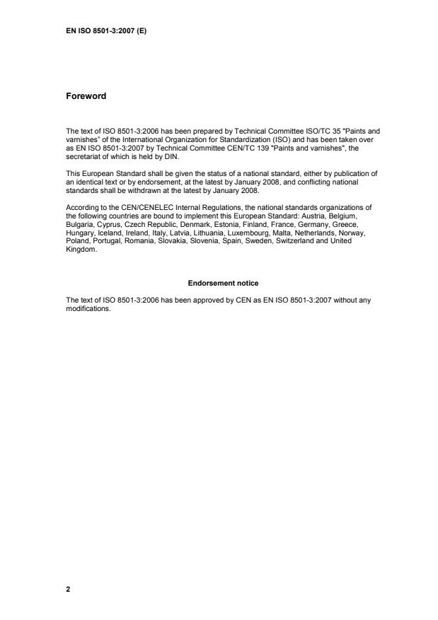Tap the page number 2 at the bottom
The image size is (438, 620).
(x=68, y=588)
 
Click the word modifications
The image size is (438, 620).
(x=88, y=308)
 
